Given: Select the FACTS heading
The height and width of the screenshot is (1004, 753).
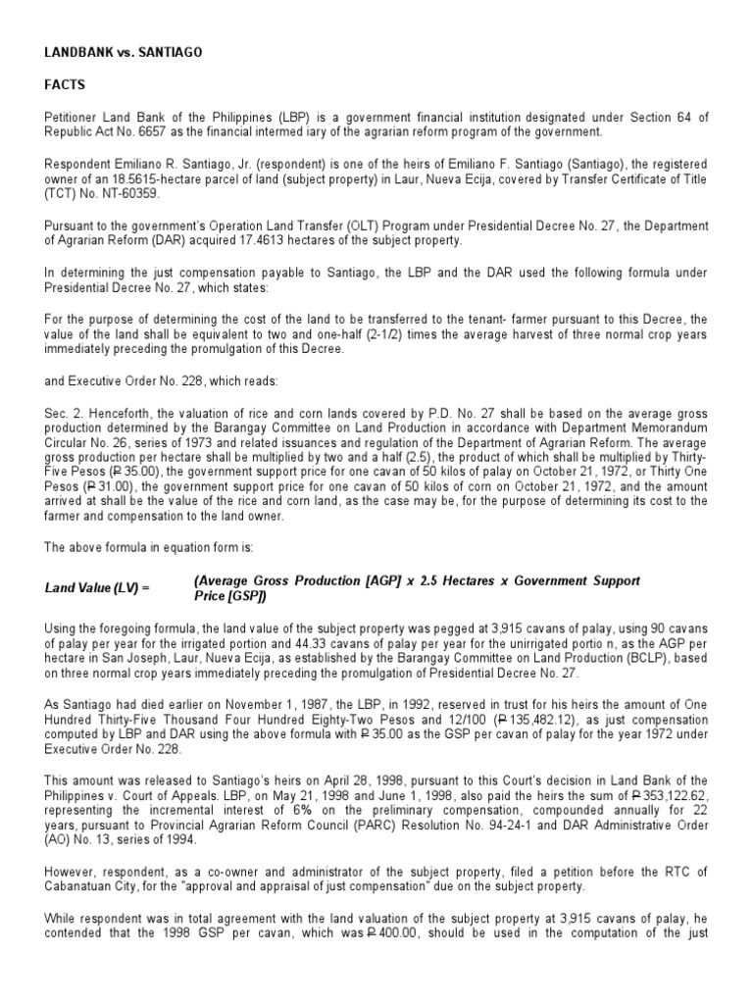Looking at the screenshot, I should (x=64, y=85).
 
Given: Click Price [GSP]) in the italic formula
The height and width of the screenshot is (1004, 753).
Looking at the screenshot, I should (x=230, y=595).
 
